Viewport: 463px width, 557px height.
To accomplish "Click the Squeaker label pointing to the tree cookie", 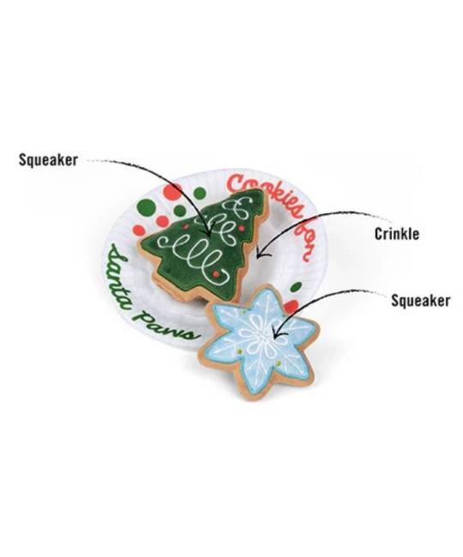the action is (48, 160).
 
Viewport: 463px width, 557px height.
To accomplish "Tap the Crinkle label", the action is (397, 234).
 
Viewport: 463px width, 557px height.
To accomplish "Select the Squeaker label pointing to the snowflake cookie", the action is (420, 301).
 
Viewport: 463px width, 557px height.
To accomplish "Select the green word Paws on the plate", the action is (167, 326).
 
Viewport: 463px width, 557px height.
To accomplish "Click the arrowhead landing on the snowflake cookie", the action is (276, 335).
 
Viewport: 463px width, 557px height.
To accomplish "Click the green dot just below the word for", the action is (296, 286).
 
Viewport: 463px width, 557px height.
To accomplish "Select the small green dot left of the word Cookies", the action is (200, 193).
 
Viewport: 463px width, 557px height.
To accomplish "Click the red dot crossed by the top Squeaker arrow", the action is (172, 191).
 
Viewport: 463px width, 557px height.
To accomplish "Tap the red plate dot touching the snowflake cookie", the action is (292, 306).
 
